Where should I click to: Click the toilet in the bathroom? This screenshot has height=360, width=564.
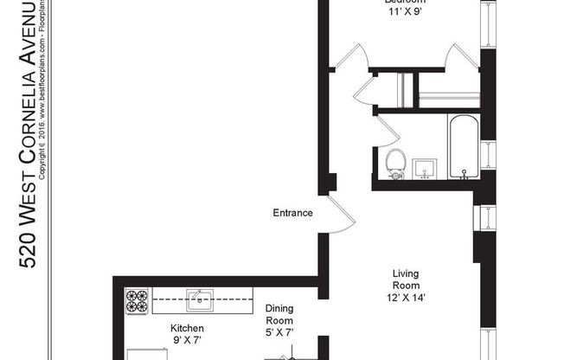395,162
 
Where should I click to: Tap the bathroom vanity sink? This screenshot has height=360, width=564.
425,166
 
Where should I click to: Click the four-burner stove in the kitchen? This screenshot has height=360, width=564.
137,300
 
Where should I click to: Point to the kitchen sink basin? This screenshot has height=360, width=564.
202,301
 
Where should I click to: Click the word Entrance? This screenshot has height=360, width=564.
292,213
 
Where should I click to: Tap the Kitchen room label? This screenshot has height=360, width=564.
186,329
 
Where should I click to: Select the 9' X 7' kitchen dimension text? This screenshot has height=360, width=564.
186,341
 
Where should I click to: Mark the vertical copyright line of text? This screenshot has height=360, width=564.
53,87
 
